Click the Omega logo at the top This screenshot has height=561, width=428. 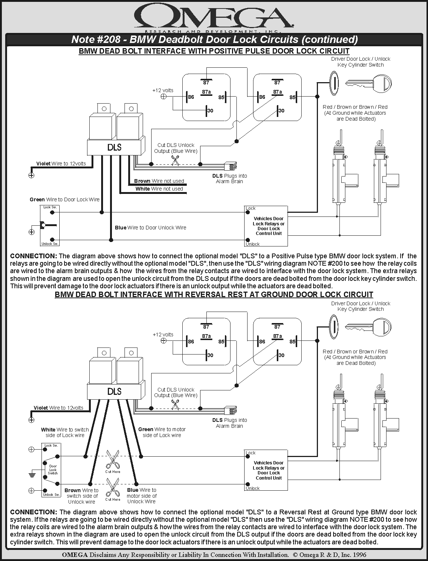(214, 17)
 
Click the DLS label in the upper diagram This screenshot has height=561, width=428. (115, 147)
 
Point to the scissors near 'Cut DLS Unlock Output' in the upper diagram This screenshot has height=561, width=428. (175, 160)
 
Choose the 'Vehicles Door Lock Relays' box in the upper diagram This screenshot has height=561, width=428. (266, 226)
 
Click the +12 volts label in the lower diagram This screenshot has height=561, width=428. (163, 335)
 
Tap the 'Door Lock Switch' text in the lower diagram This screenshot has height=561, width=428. (53, 470)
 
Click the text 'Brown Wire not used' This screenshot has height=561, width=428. (159, 181)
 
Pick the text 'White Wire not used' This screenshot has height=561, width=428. (159, 189)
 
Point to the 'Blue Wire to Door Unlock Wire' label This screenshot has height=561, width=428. (150, 228)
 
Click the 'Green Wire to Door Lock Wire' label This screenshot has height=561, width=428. (64, 199)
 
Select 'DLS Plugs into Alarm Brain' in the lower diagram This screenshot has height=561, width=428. (229, 423)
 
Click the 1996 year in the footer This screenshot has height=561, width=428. (359, 555)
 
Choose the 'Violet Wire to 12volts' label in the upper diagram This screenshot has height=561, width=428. (61, 164)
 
